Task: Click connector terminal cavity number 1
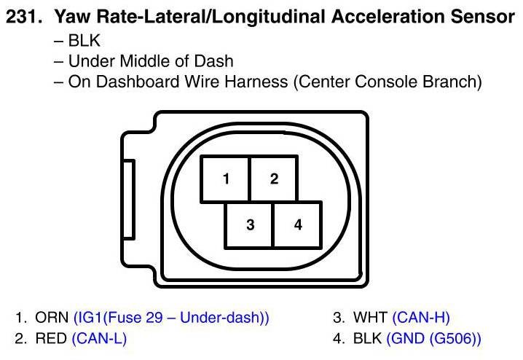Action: tap(227, 178)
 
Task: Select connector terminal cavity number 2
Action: tap(274, 178)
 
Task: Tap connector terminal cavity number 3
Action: tap(250, 224)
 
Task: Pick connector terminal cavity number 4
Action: tap(297, 224)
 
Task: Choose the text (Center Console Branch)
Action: tap(388, 82)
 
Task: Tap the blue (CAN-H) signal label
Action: tap(421, 318)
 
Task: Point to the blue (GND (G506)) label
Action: tap(434, 338)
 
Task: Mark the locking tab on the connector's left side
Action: tap(128, 200)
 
